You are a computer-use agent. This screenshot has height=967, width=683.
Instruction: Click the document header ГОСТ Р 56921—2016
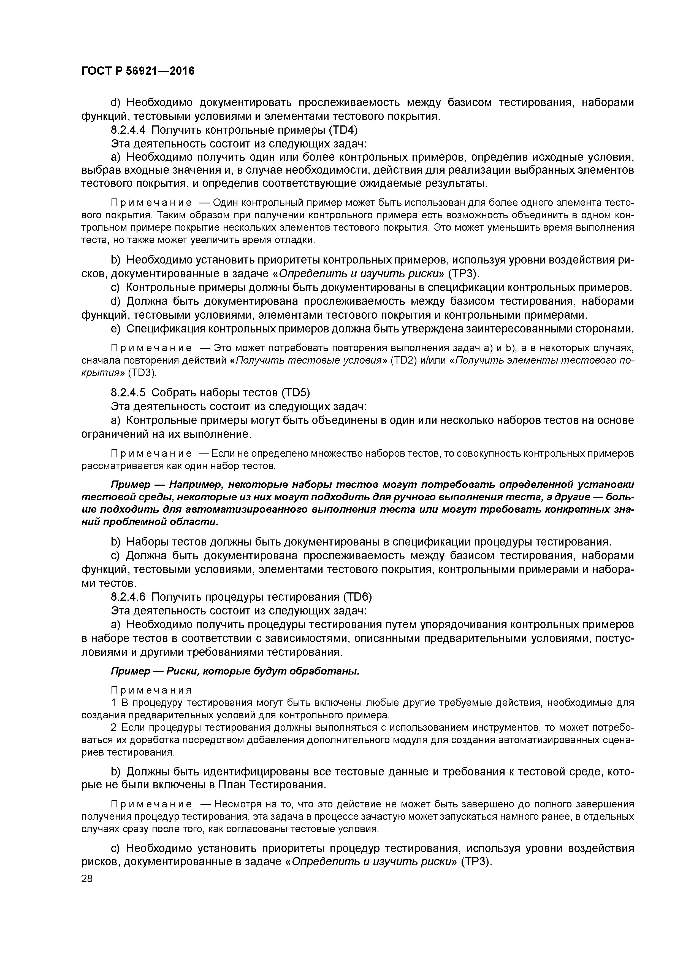(138, 71)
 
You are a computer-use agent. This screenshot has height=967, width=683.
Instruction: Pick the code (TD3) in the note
(142, 373)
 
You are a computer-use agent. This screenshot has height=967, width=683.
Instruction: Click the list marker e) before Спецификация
(116, 329)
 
